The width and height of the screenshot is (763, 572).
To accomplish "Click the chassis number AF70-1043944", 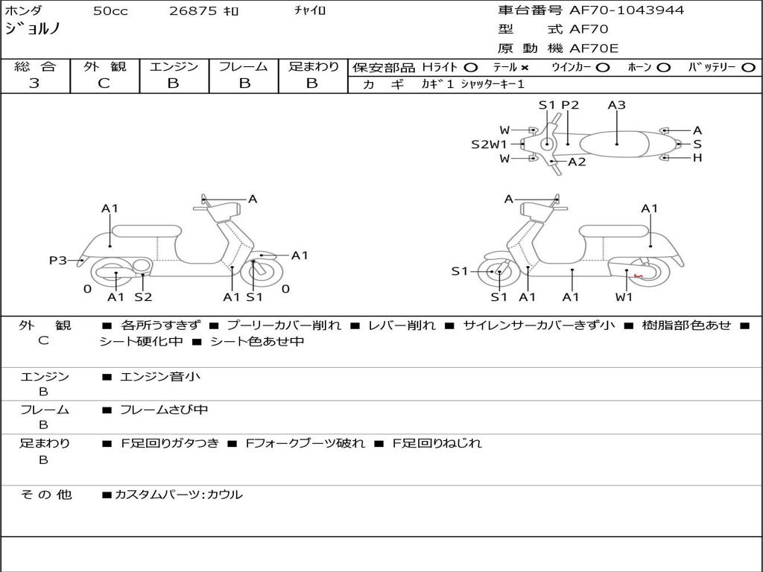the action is pos(627,10).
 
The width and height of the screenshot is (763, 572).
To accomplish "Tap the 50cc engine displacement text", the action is pos(110,10).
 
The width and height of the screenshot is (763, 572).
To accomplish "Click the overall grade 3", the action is pos(34,83).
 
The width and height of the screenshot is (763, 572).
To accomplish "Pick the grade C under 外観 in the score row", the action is pos(104,83).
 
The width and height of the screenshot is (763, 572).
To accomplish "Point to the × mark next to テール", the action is pos(525,68).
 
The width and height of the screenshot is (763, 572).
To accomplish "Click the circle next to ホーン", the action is pos(663,68).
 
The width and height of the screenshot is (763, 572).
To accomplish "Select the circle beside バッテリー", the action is pos(748,68).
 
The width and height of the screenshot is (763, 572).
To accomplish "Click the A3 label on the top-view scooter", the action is pos(616,105).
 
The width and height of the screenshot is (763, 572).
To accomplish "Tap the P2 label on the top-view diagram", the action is pos(570,105).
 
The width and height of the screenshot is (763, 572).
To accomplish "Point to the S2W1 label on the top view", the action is pos(489,144).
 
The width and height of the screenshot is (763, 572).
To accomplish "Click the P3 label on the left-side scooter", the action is pos(58,261).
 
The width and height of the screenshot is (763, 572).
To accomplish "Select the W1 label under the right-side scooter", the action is pos(624,296).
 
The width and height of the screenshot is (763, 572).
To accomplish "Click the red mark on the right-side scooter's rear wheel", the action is pos(639,277).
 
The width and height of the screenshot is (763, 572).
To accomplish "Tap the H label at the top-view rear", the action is pos(697,158).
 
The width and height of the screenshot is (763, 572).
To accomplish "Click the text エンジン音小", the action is pos(160,376).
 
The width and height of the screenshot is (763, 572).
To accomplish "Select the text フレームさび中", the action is pos(164,410).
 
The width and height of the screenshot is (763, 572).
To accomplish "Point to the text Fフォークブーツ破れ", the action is pos(305,444).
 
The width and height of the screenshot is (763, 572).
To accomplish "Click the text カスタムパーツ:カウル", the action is pos(178,495).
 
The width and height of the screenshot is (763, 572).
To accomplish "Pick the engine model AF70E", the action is pos(594,48).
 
